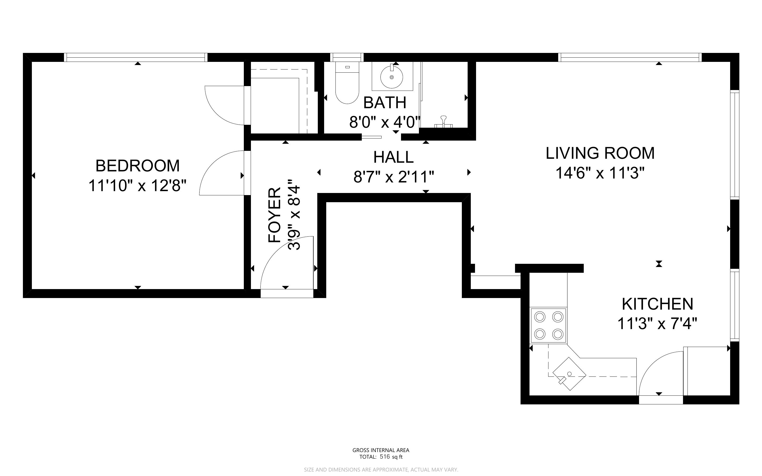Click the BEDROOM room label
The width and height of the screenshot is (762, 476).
[x=137, y=166]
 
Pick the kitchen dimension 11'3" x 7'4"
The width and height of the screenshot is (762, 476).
[x=657, y=324]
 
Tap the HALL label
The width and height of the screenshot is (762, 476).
[x=393, y=157]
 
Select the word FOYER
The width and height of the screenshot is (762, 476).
[x=274, y=215]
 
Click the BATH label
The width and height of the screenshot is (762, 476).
[x=385, y=103]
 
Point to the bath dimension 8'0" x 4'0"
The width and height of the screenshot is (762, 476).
[x=385, y=122]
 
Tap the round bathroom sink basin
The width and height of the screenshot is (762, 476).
[x=392, y=77]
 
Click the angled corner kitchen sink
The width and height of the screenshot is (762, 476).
[x=569, y=374]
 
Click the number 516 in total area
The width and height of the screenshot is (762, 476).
[x=385, y=457]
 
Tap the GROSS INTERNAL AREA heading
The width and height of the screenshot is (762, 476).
[x=381, y=450]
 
